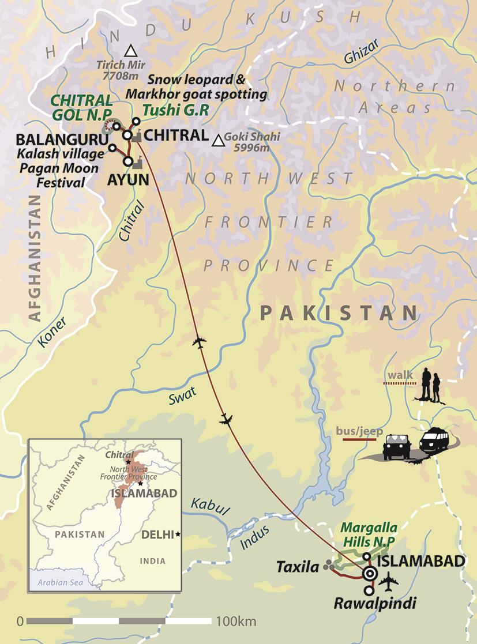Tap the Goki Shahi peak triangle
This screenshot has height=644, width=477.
coord(219,141)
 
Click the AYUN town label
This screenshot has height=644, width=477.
coord(128,179)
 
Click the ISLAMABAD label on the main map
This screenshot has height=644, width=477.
coord(421,561)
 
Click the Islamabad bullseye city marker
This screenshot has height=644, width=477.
coord(370,573)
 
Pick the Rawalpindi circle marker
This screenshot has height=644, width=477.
coord(369,590)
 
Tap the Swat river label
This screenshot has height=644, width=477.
coord(183,394)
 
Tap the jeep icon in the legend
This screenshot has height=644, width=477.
coord(396,446)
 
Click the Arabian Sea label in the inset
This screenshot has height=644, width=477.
coord(61,582)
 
